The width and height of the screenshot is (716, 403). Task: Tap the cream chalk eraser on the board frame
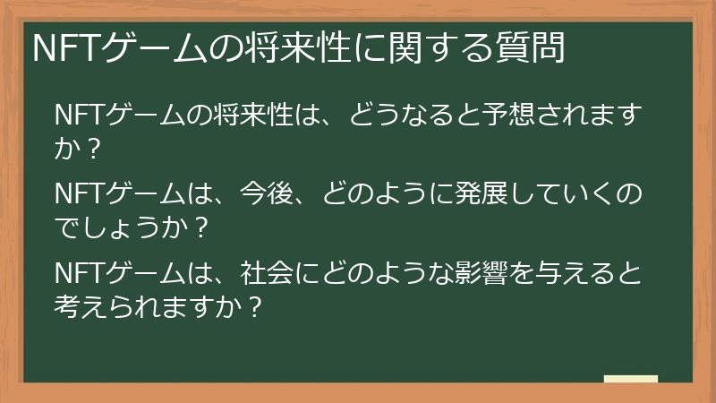[631, 380]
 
